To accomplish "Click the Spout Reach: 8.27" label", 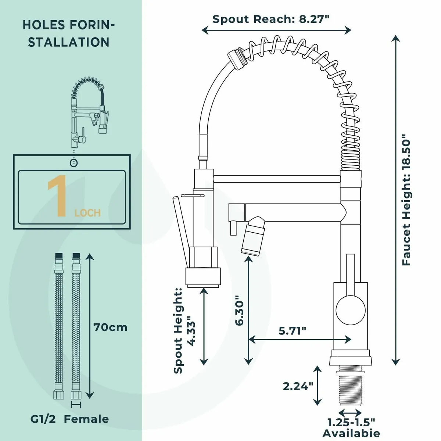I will [270, 19].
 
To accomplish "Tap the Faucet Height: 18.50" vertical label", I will [406, 202].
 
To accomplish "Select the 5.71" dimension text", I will [292, 331].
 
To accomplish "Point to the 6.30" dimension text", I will [239, 311].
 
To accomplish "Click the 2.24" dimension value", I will [298, 386].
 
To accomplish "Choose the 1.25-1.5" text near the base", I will [351, 422].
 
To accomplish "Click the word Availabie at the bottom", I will [351, 433].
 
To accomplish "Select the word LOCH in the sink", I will [87, 213].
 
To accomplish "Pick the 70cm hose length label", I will [110, 327].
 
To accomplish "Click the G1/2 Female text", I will [69, 419].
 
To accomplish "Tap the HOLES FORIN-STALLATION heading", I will [69, 33].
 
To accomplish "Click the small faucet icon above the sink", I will [88, 110].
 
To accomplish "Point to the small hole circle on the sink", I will [74, 162].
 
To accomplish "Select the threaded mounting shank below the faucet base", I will [350, 382].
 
